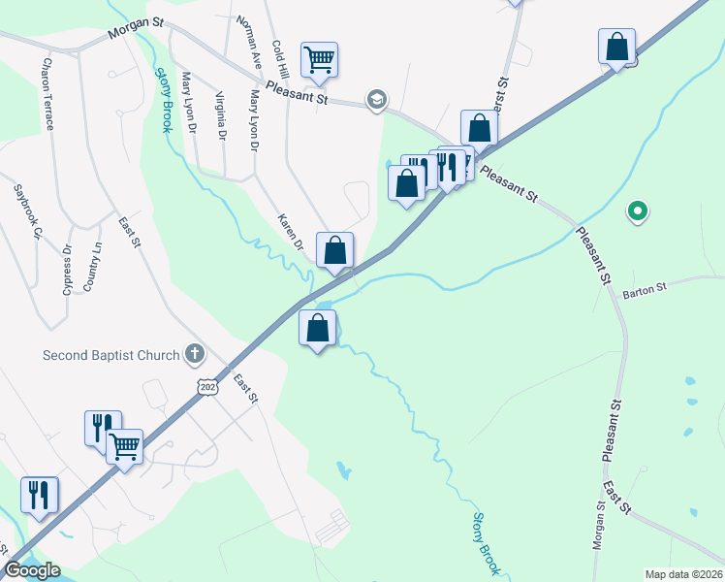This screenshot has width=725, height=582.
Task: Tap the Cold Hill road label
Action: point(280,60)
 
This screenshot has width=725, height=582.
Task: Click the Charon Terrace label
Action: point(47,93)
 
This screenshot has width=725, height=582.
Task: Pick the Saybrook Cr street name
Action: point(28,210)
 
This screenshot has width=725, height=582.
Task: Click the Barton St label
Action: point(646,289)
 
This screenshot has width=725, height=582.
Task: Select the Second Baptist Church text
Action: point(111,355)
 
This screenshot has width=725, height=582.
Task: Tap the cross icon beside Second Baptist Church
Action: point(194,354)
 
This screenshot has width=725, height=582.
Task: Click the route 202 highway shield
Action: point(206,386)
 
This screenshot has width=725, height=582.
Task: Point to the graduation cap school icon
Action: point(375,99)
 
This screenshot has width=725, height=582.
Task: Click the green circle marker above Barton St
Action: point(637,210)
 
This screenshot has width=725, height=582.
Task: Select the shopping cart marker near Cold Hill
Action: point(319,60)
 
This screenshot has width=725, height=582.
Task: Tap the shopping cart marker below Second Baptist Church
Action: point(124,447)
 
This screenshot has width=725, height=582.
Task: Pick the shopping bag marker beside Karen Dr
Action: point(334,251)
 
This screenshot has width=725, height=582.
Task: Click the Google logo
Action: point(31,570)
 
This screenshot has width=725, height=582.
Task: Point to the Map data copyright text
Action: point(683,574)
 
